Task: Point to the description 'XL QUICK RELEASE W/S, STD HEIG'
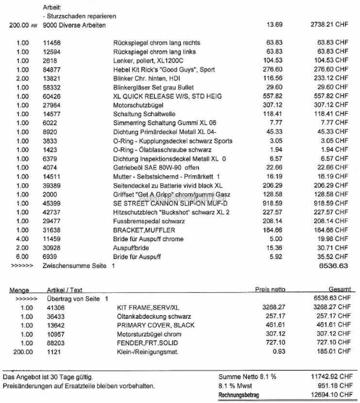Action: pyautogui.click(x=167, y=96)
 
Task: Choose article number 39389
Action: pyautogui.click(x=51, y=186)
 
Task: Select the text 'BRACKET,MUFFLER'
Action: pyautogui.click(x=144, y=230)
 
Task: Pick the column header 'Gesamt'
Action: pyautogui.click(x=339, y=290)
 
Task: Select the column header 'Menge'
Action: pyautogui.click(x=19, y=290)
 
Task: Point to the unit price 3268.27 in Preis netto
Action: pyautogui.click(x=272, y=308)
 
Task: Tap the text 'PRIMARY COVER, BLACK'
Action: pyautogui.click(x=155, y=325)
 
